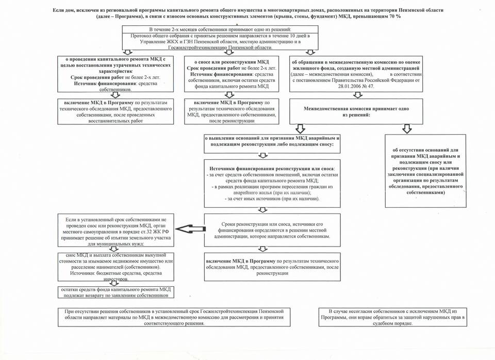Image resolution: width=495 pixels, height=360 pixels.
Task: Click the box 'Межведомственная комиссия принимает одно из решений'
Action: pos(356,111)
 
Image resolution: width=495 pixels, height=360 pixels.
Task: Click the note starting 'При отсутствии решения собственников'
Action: pos(174,317)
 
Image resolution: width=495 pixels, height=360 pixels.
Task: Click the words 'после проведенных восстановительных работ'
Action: pos(114,120)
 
